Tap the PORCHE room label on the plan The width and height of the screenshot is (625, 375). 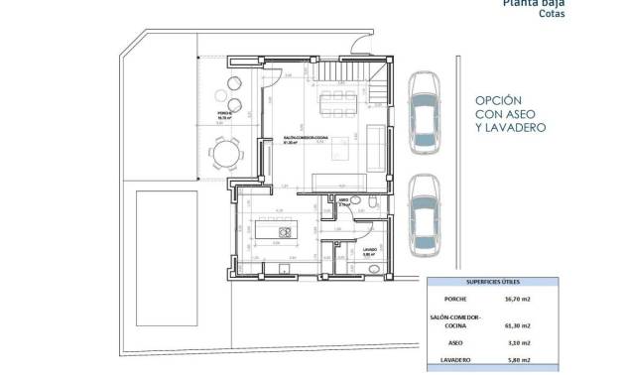point(224,114)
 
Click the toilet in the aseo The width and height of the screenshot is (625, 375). point(369,204)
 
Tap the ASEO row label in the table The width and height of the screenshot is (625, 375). point(456,341)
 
